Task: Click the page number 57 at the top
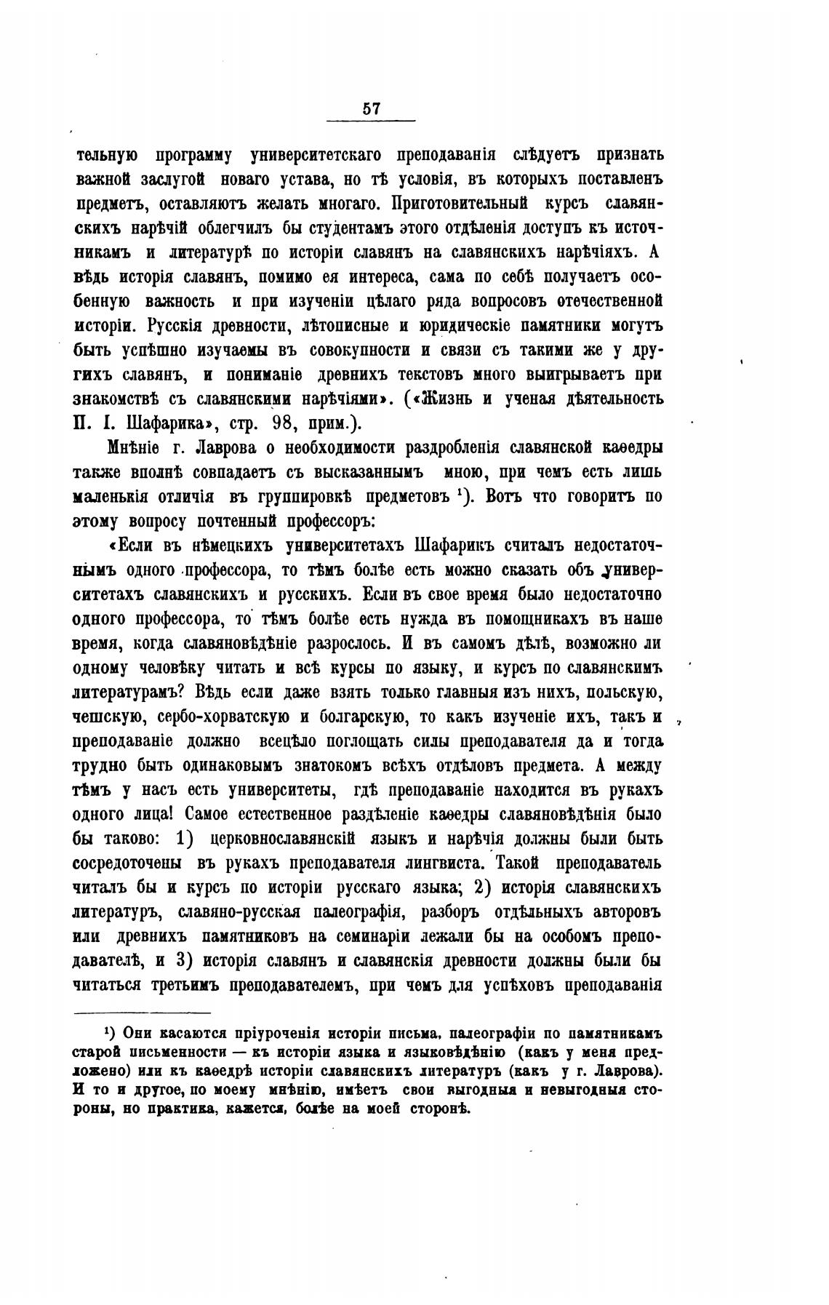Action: click(370, 108)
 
